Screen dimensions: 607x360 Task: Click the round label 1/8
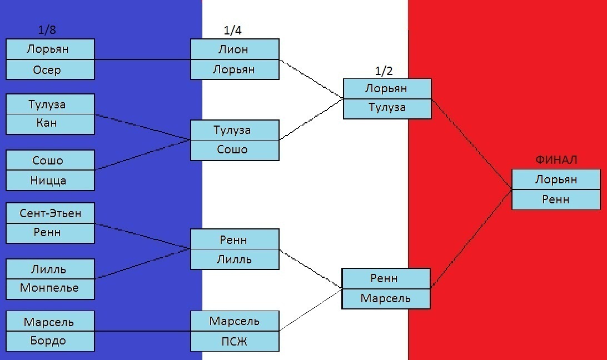(x=47, y=30)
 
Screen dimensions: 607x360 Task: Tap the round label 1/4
(x=233, y=30)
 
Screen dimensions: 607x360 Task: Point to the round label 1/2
(x=384, y=71)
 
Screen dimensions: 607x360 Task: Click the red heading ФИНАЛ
(x=556, y=159)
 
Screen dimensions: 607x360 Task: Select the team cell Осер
(x=51, y=69)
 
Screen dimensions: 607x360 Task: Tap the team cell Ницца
(x=51, y=181)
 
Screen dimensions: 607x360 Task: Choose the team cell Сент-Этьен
(x=51, y=213)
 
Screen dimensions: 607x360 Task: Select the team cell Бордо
(x=51, y=341)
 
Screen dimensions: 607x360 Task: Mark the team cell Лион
(x=235, y=49)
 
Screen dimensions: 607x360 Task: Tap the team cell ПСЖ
(x=235, y=341)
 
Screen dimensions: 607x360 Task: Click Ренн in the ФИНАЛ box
(x=556, y=200)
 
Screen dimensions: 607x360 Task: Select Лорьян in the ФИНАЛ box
(x=556, y=179)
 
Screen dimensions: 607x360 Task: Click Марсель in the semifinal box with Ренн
(x=386, y=298)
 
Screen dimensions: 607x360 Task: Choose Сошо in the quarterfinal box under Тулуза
(x=235, y=150)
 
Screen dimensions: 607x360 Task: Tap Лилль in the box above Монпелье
(x=51, y=269)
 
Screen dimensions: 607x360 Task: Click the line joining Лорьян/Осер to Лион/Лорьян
(x=142, y=59)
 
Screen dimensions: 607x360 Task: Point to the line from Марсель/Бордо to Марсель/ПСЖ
(x=142, y=331)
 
